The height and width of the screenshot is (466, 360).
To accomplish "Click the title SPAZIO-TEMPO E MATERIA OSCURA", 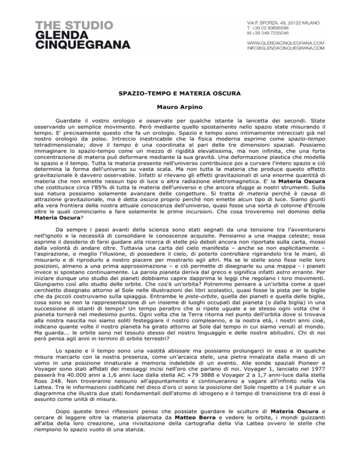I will pos(180,94).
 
